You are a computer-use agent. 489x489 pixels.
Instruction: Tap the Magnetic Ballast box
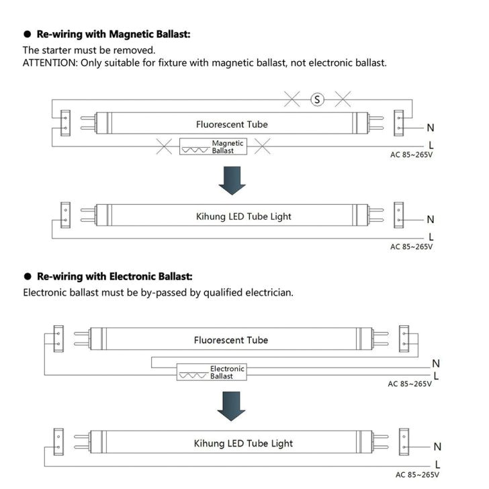point(213,147)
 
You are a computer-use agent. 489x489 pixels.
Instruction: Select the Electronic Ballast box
point(211,372)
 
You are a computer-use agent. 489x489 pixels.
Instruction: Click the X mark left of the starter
point(292,99)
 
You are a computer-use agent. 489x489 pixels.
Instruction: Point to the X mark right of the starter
point(343,99)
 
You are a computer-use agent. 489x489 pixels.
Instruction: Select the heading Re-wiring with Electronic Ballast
point(115,276)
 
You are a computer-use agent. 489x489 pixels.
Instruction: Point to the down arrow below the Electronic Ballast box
point(233,407)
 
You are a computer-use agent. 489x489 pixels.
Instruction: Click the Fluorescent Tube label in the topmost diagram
point(232,124)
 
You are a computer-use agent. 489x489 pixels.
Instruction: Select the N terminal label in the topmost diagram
point(431,128)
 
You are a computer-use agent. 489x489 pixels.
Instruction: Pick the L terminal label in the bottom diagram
point(437,464)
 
